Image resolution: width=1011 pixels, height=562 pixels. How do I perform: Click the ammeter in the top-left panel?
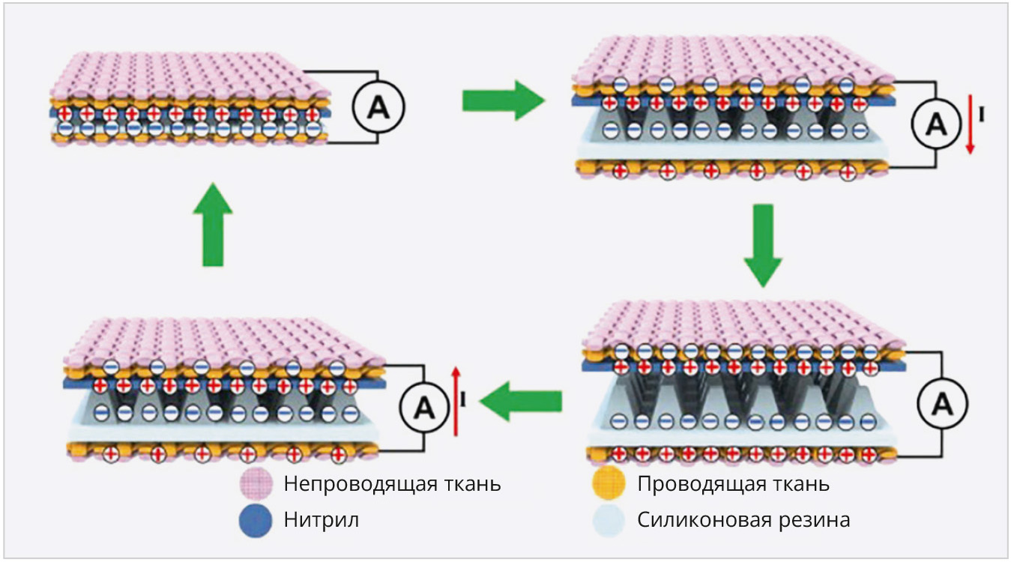[x=378, y=109]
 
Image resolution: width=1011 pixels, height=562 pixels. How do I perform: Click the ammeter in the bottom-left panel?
[x=425, y=408]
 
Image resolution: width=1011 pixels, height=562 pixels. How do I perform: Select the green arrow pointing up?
[x=213, y=224]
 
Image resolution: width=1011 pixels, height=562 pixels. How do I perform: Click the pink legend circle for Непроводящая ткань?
[x=255, y=485]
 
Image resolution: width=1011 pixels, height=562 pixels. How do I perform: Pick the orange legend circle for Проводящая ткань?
[x=608, y=485]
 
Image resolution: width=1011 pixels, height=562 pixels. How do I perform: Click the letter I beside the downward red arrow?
[x=982, y=116]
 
